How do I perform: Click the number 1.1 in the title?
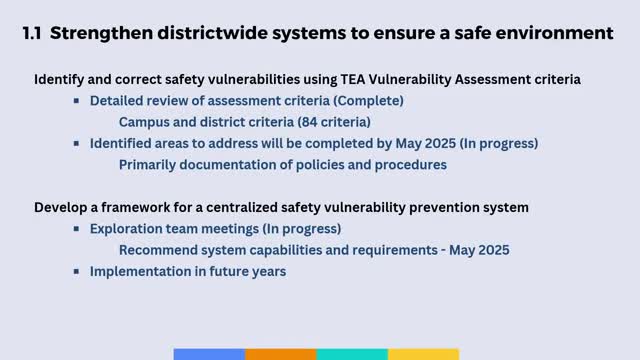tap(31, 34)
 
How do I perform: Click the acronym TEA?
tap(330, 78)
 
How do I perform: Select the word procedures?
tap(405, 164)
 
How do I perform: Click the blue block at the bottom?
tap(209, 354)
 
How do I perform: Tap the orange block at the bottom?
tap(280, 354)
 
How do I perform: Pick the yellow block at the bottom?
tap(423, 354)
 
